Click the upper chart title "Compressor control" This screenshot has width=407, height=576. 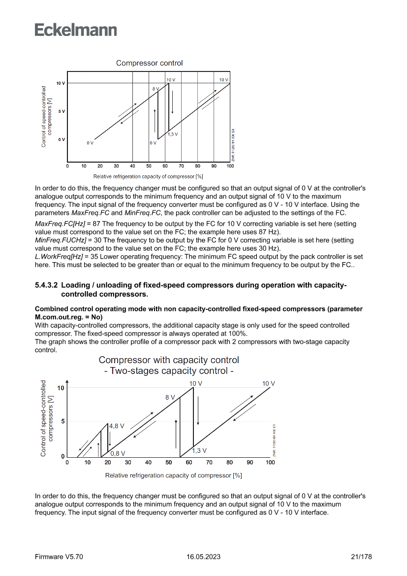(x=149, y=63)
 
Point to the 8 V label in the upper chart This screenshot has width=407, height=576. (x=156, y=89)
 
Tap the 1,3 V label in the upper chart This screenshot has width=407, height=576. (x=172, y=134)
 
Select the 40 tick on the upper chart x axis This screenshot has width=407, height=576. (x=132, y=166)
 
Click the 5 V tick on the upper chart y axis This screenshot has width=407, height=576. (x=61, y=112)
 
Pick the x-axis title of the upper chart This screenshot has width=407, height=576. (x=148, y=176)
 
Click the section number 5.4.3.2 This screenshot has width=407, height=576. (x=46, y=285)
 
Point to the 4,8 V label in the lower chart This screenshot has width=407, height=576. (x=117, y=426)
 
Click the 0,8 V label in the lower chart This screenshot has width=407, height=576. (x=118, y=453)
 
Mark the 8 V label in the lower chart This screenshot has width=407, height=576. (x=170, y=397)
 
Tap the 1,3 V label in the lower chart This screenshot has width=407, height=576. (x=199, y=450)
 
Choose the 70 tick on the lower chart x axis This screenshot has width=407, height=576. (x=209, y=463)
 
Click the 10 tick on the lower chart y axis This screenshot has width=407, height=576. (x=60, y=388)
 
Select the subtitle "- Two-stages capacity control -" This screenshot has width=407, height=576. (x=169, y=371)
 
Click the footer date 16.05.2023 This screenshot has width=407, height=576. (x=203, y=557)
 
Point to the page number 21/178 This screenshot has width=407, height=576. (x=361, y=557)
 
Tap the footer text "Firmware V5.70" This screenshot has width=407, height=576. (x=59, y=557)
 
